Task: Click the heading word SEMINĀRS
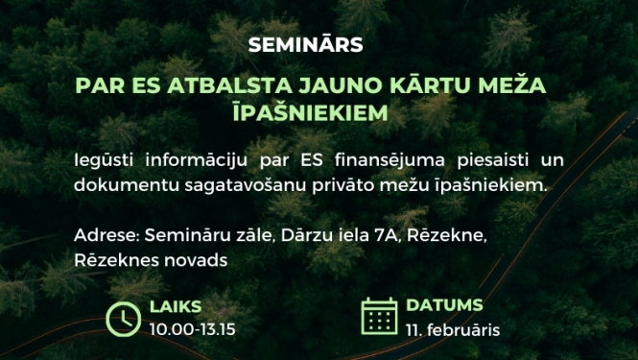point(306,45)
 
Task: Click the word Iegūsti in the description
point(101,156)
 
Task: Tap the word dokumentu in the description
point(119,183)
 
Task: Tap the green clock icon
point(124,318)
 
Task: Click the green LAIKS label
point(176,307)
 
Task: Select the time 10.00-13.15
point(193,329)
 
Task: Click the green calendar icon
point(380,316)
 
